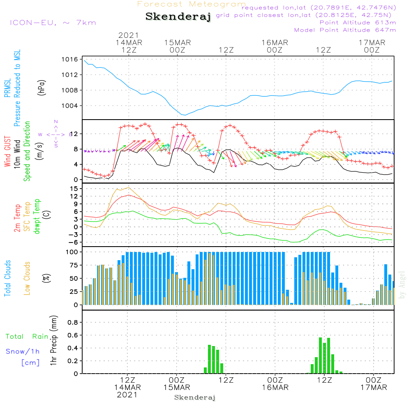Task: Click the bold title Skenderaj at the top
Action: click(x=178, y=17)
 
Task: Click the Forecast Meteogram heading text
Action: click(x=192, y=4)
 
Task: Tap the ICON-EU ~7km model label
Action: click(x=53, y=22)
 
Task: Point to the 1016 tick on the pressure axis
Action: click(x=70, y=60)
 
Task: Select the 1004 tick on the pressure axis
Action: click(x=70, y=106)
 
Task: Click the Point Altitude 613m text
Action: click(x=358, y=22)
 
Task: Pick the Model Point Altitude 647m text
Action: click(x=345, y=30)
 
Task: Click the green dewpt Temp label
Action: click(x=37, y=217)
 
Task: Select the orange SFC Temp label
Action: click(x=27, y=217)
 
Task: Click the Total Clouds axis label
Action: click(x=7, y=278)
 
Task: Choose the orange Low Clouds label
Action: click(x=27, y=277)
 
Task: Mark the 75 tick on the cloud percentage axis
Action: click(x=74, y=265)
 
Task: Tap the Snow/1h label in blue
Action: click(x=23, y=351)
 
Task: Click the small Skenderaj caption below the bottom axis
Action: click(x=195, y=397)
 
